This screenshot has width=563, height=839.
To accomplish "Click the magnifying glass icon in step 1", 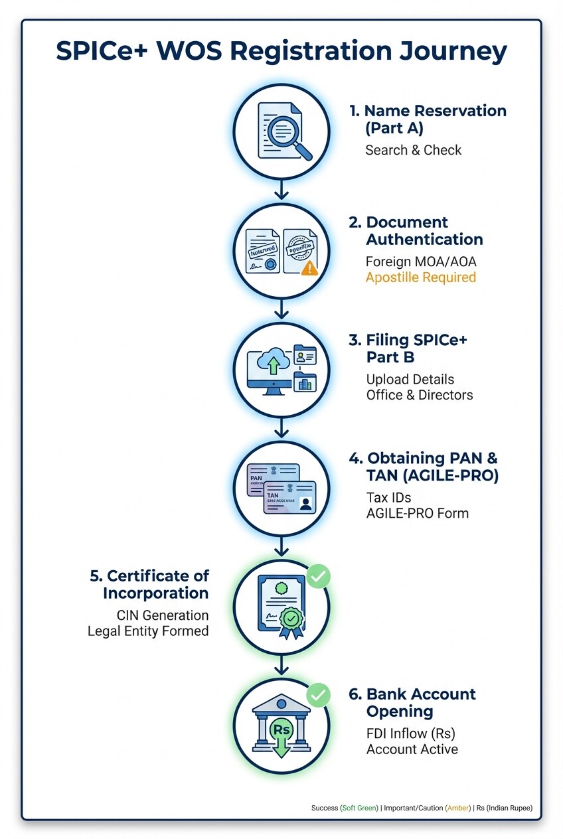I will pos(291,132).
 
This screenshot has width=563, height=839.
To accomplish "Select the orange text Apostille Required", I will pos(420,277).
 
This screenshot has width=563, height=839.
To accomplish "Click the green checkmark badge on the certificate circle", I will pos(319,576).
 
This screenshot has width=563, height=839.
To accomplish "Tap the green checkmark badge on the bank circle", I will pos(319,696).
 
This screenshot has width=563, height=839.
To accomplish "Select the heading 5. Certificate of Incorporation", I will pos(149,584).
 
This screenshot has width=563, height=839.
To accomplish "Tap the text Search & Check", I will pos(413,150).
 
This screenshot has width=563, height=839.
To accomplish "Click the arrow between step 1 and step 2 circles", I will pos(281,190).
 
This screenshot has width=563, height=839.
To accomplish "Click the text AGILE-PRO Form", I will pos(417,512).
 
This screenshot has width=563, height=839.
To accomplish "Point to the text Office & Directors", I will pos(419,395).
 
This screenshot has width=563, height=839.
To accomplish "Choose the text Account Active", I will pos(412,749).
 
